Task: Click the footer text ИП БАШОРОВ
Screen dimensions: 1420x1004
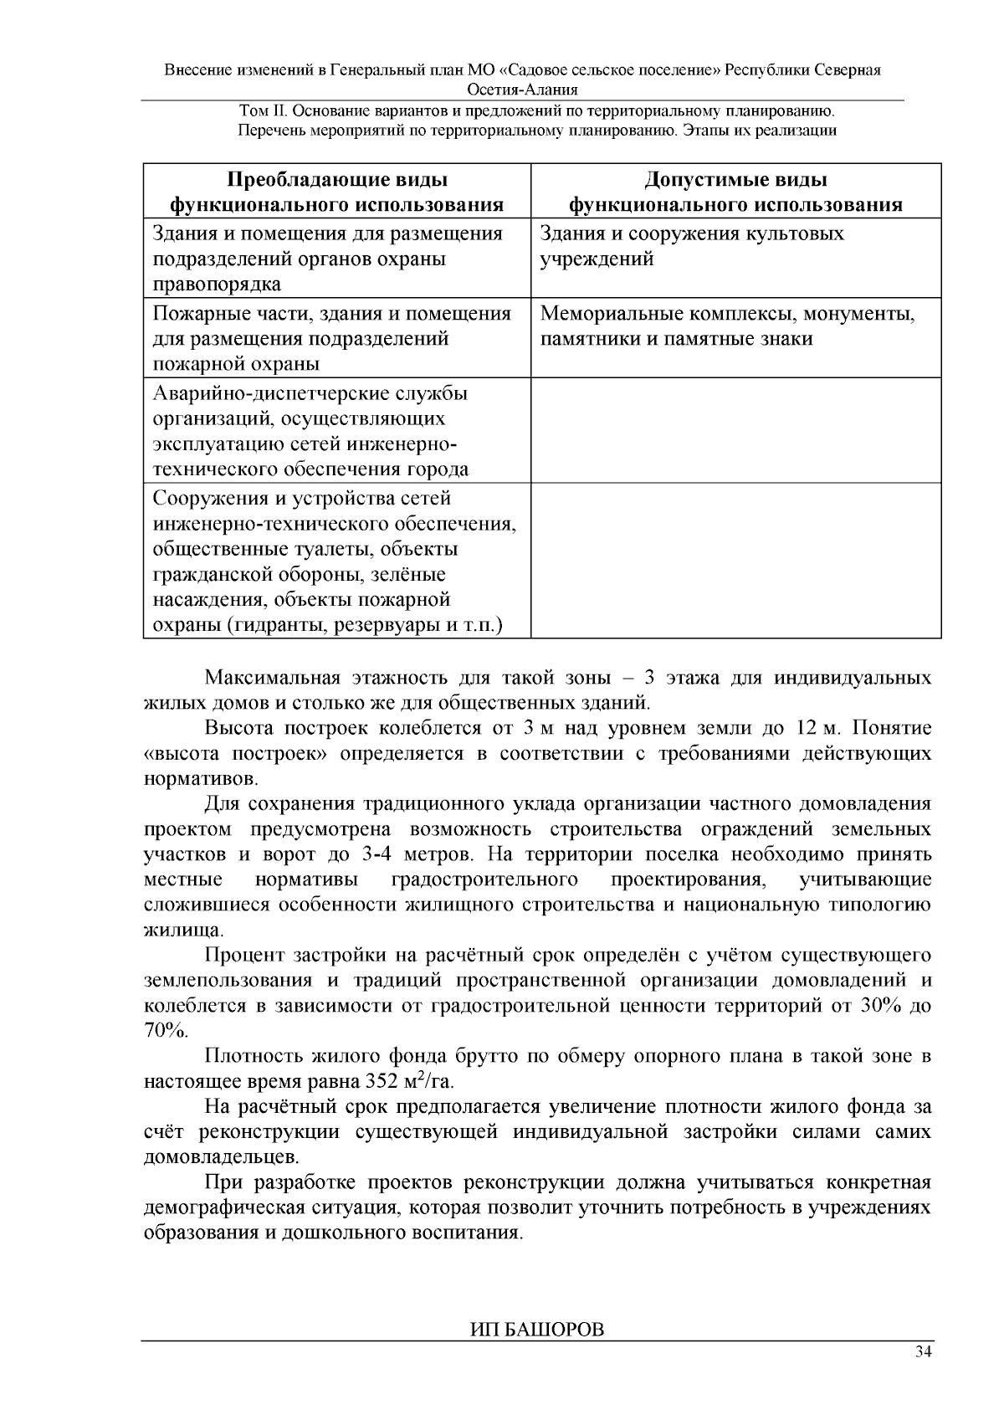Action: pyautogui.click(x=536, y=1330)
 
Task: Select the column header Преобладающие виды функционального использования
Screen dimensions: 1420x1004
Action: pyautogui.click(x=336, y=192)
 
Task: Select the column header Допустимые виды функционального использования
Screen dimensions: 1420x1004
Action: pyautogui.click(x=735, y=192)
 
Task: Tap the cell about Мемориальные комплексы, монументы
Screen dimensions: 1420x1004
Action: pyautogui.click(x=727, y=326)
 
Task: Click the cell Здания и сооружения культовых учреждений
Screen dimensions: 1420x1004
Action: pyautogui.click(x=691, y=246)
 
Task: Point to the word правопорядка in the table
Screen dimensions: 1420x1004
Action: pyautogui.click(x=217, y=285)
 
